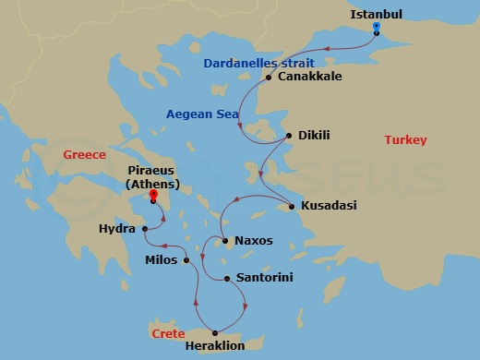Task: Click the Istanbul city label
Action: coord(378,13)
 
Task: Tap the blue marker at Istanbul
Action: coord(377,27)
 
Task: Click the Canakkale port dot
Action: coord(269,78)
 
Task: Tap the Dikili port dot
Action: coord(291,137)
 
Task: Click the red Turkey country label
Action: coord(405,139)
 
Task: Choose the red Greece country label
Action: coord(84,154)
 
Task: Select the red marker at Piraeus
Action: coord(153,194)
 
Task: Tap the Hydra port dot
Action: coord(146,228)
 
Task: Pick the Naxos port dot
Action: coord(227,241)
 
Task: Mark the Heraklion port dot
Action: coord(215,332)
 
